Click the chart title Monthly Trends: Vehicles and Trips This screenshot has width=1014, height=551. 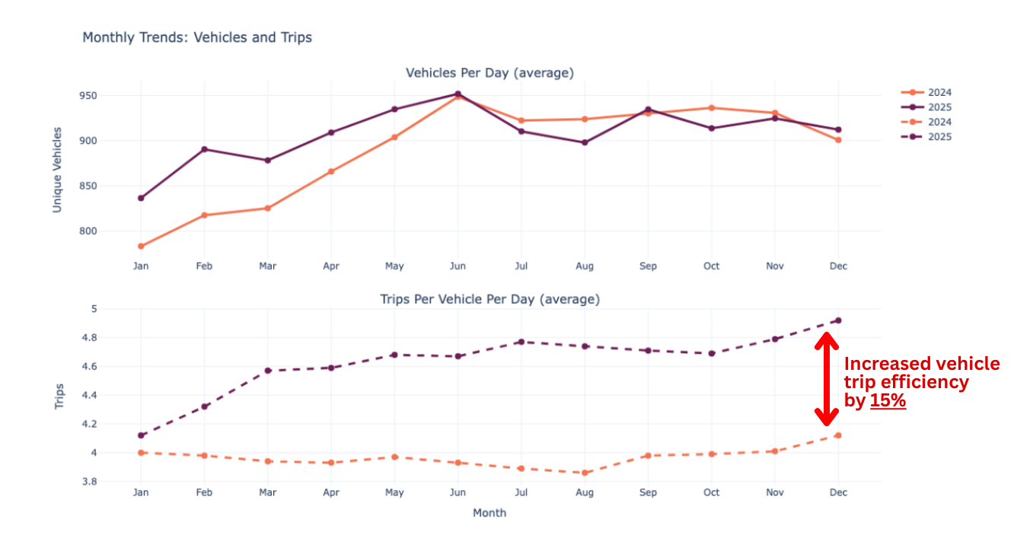point(197,37)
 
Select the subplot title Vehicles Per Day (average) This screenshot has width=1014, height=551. point(489,73)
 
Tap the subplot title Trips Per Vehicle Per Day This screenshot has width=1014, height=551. point(489,300)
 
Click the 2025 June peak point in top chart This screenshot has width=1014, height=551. point(458,94)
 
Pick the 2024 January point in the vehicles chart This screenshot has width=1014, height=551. point(141,246)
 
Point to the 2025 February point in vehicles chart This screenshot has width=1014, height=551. point(204,149)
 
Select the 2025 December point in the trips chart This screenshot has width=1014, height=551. point(837,320)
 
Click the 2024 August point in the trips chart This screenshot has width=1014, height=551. point(585,473)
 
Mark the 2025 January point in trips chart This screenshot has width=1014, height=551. point(141,435)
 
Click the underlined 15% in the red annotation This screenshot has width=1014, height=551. point(888,401)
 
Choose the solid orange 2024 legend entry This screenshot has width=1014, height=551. point(926,93)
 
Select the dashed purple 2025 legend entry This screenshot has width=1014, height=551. point(926,137)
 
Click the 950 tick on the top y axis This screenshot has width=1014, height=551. point(109,96)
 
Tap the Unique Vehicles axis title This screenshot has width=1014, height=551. point(57,169)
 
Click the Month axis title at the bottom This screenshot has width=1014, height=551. point(489,513)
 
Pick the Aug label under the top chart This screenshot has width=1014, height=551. point(585,266)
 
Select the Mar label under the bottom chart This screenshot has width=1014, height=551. point(267,493)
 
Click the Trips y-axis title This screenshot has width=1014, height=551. point(59,397)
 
